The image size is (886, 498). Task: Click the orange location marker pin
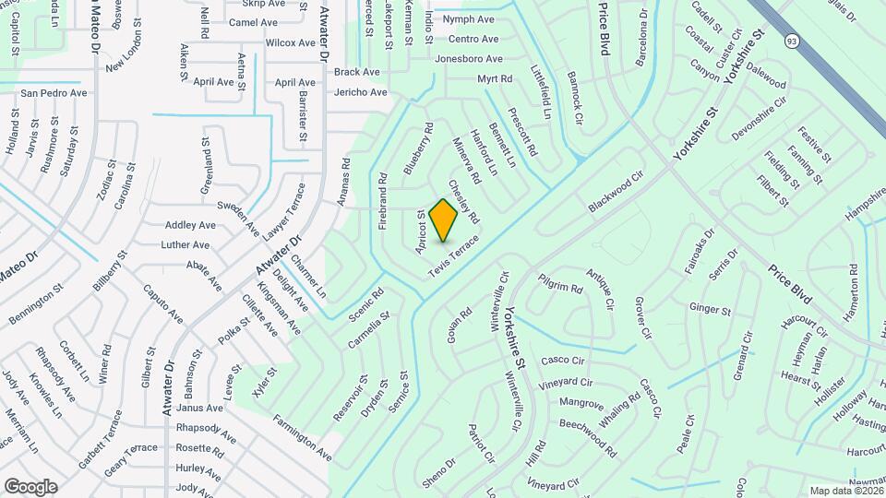444,219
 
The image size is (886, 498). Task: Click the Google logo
30,486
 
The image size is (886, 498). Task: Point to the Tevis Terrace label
454,256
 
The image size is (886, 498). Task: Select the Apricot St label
421,232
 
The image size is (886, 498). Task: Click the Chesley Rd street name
464,202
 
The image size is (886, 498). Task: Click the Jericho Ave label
360,92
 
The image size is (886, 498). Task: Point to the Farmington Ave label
302,438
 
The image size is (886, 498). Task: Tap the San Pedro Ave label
54,93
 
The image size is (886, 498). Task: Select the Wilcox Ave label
291,42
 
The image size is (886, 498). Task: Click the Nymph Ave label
469,19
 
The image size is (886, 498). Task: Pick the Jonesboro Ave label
470,59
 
